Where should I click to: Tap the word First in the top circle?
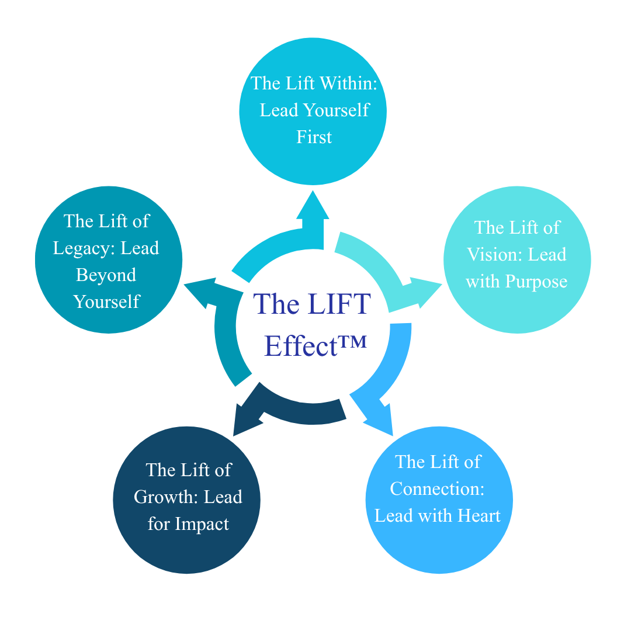coord(314,137)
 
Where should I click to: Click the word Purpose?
coord(536,281)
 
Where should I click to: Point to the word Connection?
coord(437,488)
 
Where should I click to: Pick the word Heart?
coord(480,515)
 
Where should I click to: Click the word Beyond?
coord(106,275)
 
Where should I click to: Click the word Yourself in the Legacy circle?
coord(107,301)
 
